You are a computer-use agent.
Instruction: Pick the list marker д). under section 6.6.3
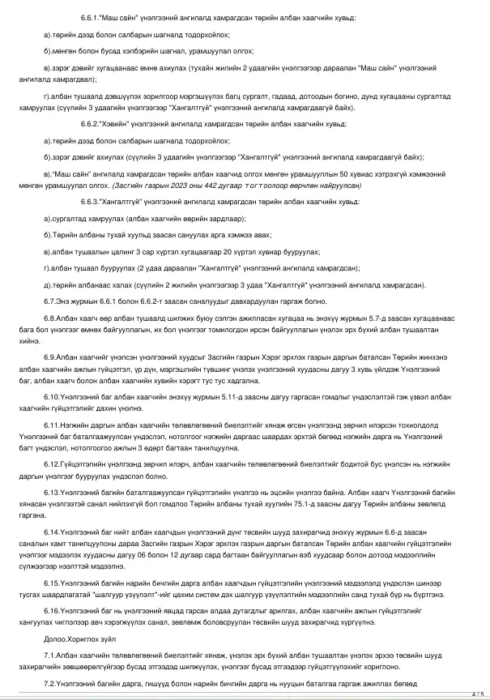coord(45,284)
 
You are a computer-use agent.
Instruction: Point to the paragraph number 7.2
coord(49,685)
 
